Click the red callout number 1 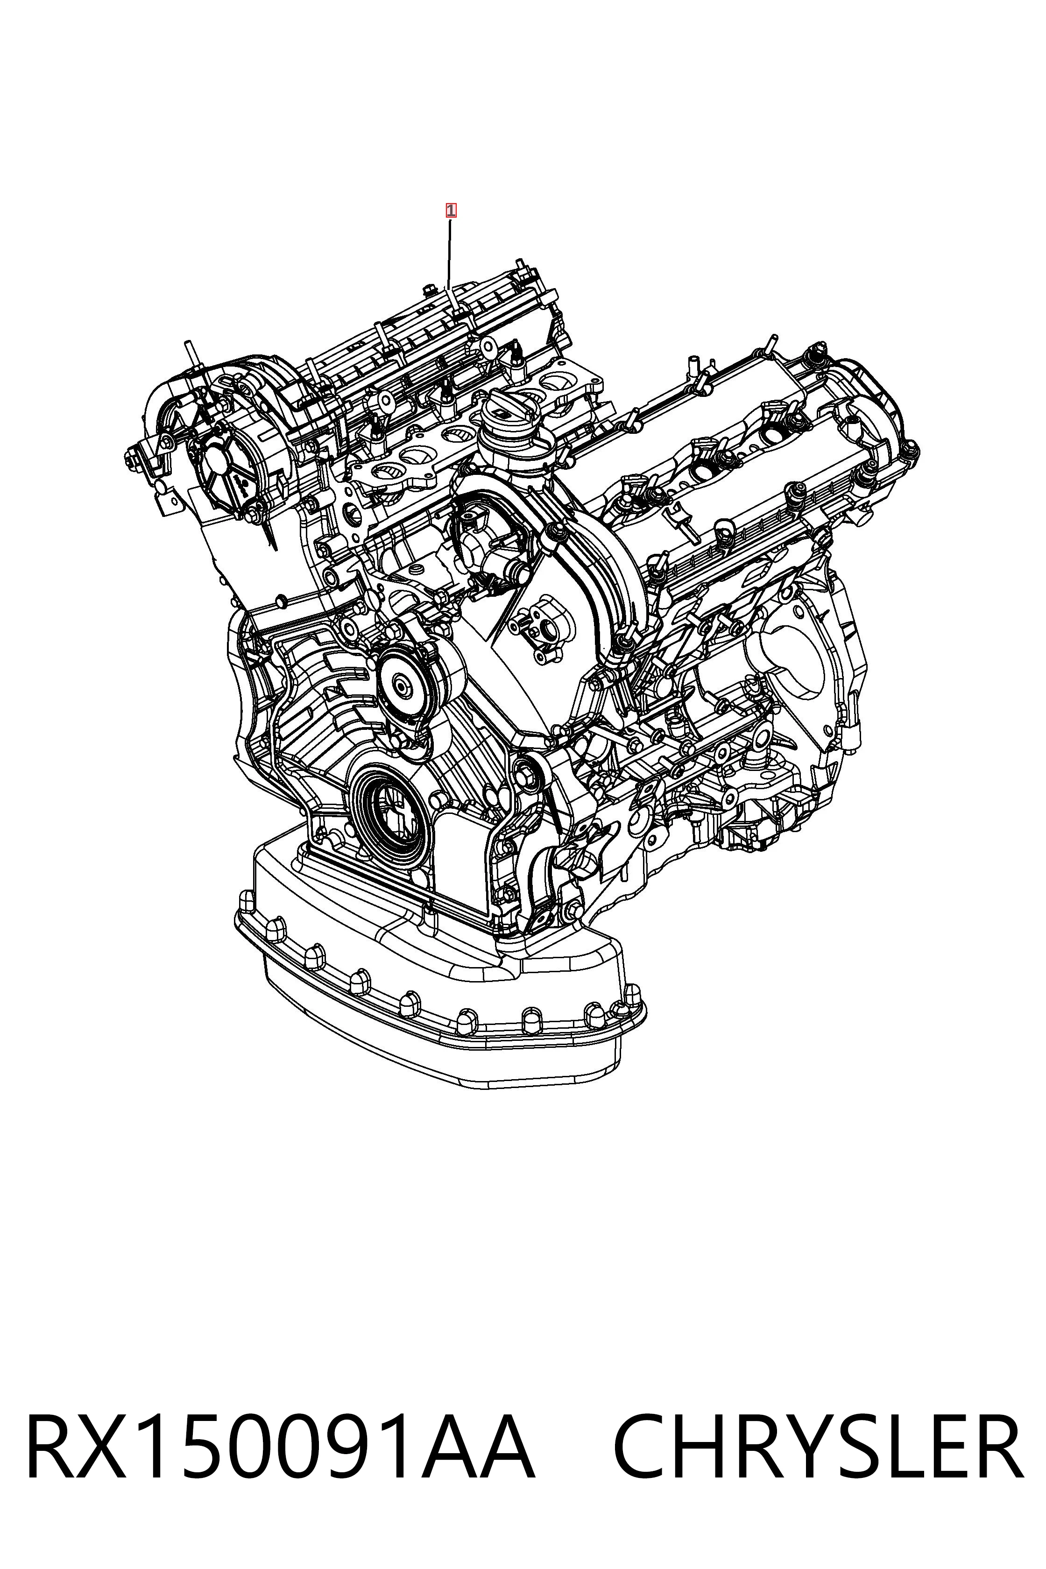[x=451, y=211]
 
